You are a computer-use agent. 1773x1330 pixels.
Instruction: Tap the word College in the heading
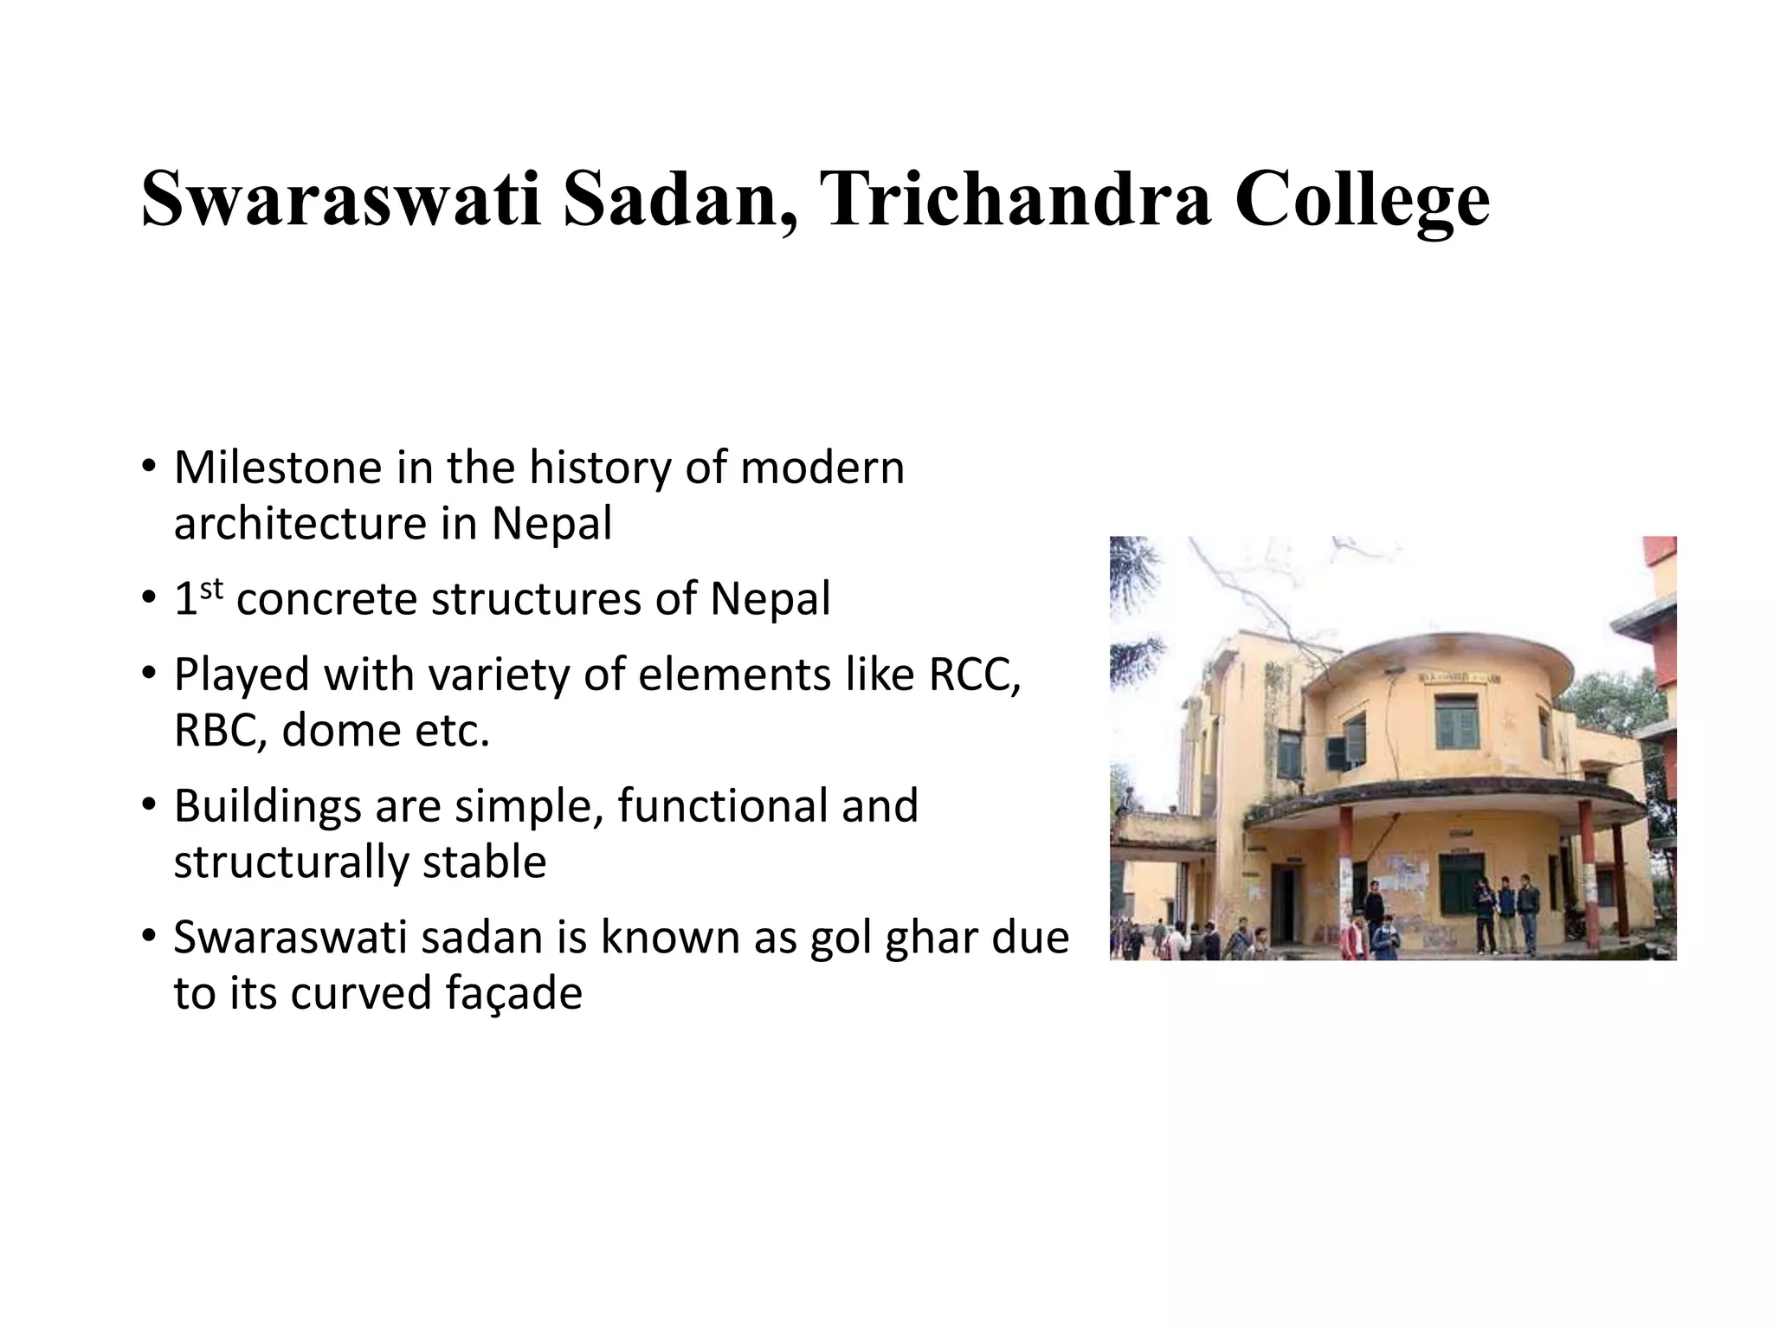pos(1362,201)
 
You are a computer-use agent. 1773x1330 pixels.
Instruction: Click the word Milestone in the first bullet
pos(278,468)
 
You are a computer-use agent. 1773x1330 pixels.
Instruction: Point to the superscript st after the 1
pos(211,589)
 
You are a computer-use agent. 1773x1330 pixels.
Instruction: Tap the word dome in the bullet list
pos(341,731)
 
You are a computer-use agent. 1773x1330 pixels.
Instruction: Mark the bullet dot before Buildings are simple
pos(149,805)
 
